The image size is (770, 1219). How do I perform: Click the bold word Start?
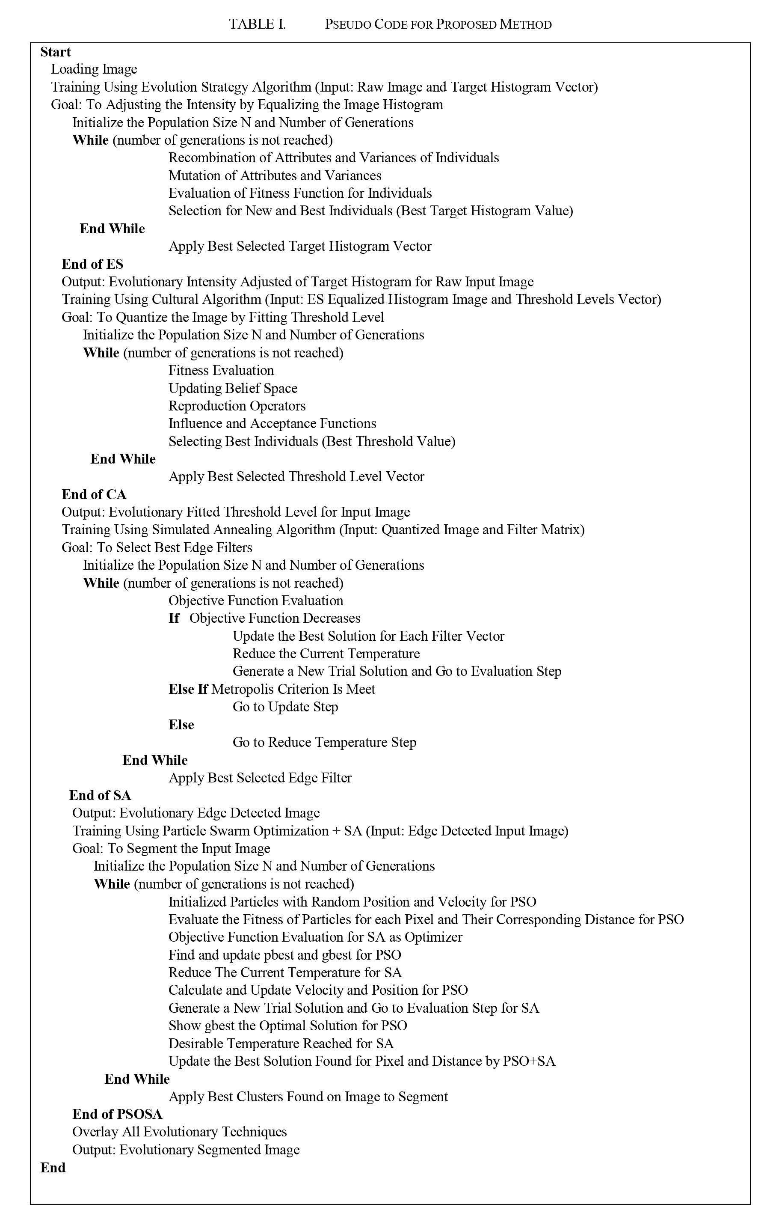point(56,52)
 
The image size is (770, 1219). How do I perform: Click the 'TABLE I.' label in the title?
point(257,24)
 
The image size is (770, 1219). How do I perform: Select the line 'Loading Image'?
point(94,69)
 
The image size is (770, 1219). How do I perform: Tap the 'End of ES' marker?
point(92,264)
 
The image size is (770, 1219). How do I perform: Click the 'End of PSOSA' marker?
point(117,1114)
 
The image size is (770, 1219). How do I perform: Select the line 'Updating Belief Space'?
point(233,388)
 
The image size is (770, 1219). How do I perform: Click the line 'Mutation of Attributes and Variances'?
point(275,175)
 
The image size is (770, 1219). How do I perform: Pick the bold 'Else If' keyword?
point(188,689)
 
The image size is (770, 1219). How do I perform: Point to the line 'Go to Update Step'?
point(285,707)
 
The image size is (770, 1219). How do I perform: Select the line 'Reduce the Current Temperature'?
point(326,654)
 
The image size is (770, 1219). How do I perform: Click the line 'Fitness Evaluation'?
point(221,370)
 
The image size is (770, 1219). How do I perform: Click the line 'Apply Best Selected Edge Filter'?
point(260,778)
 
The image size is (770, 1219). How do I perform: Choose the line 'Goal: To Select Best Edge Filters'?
point(157,547)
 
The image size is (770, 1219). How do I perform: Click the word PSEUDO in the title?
point(347,24)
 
